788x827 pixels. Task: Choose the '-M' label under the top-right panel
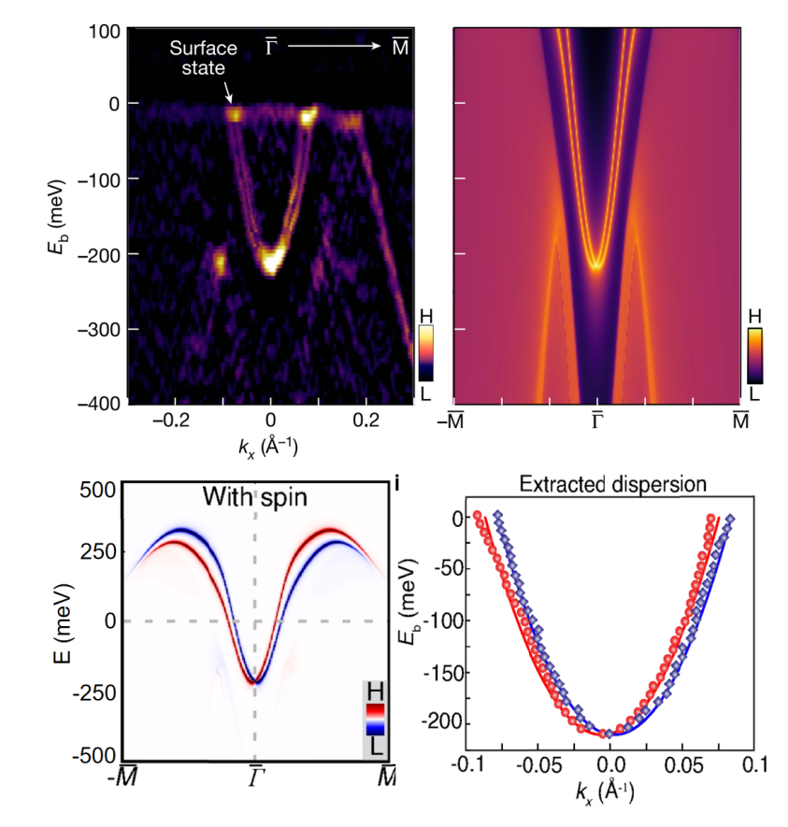(455, 422)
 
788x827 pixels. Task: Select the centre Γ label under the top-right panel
(596, 422)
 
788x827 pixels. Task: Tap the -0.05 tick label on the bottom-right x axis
(538, 764)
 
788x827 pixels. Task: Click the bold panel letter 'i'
(399, 483)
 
